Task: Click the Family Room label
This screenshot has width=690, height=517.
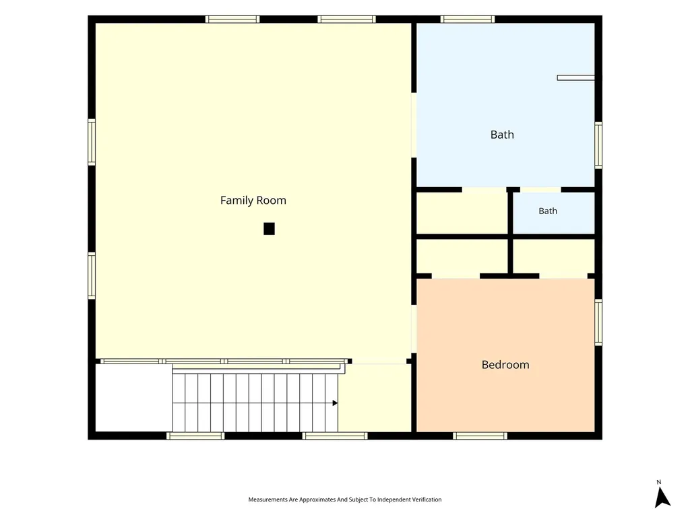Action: pos(253,201)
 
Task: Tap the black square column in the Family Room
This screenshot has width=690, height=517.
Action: pos(269,229)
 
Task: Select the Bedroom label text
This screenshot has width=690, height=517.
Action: pos(505,365)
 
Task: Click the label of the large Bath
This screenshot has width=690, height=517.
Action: pos(502,135)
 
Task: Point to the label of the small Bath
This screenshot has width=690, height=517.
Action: pos(548,211)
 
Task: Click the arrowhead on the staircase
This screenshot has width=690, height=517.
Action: pos(335,403)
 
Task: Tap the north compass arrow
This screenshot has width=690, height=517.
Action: pos(662,497)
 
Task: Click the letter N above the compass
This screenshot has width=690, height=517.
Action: pos(659,482)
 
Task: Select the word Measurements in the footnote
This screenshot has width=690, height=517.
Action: pos(268,499)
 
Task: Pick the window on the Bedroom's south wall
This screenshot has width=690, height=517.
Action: pos(480,436)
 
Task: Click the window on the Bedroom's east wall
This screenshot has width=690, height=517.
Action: pos(598,322)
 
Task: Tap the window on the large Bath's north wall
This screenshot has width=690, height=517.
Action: pos(468,19)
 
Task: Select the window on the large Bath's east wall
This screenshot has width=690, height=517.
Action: pos(598,145)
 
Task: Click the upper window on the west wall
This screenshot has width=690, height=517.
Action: pos(92,142)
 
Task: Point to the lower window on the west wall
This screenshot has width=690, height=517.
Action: pos(92,275)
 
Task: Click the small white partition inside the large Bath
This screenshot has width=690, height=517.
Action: pos(575,78)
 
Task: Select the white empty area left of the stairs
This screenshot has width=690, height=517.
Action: pos(134,398)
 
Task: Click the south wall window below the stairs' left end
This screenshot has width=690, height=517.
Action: pos(195,436)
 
